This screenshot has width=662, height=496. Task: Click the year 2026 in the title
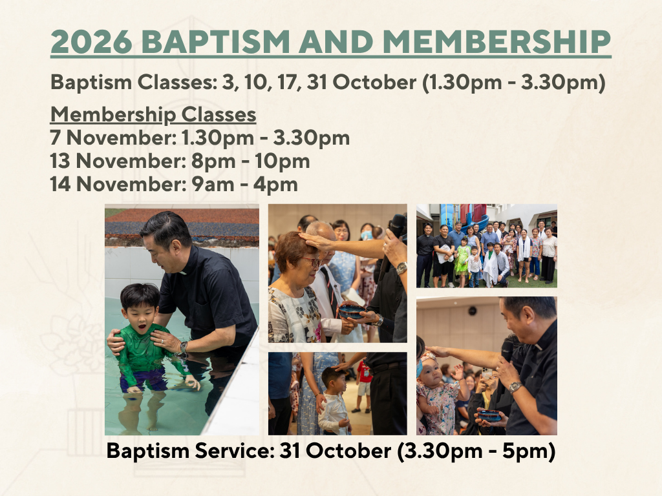click(91, 41)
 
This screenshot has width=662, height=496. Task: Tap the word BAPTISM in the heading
click(215, 41)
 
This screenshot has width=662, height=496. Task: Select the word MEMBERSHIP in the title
click(496, 41)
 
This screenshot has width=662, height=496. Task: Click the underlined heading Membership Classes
click(153, 114)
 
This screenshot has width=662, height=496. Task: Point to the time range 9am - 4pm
click(245, 184)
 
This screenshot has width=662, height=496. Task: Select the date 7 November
click(112, 138)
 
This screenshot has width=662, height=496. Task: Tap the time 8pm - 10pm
click(251, 161)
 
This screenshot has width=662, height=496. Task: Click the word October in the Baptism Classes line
click(374, 82)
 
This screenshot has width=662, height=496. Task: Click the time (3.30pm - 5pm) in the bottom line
click(476, 451)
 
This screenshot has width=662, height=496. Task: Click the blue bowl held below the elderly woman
click(351, 311)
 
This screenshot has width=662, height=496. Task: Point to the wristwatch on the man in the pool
click(183, 347)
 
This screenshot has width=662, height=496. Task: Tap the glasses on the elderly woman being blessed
click(312, 262)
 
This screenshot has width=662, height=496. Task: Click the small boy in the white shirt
click(334, 400)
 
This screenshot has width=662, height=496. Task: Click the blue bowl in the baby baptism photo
click(490, 415)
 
